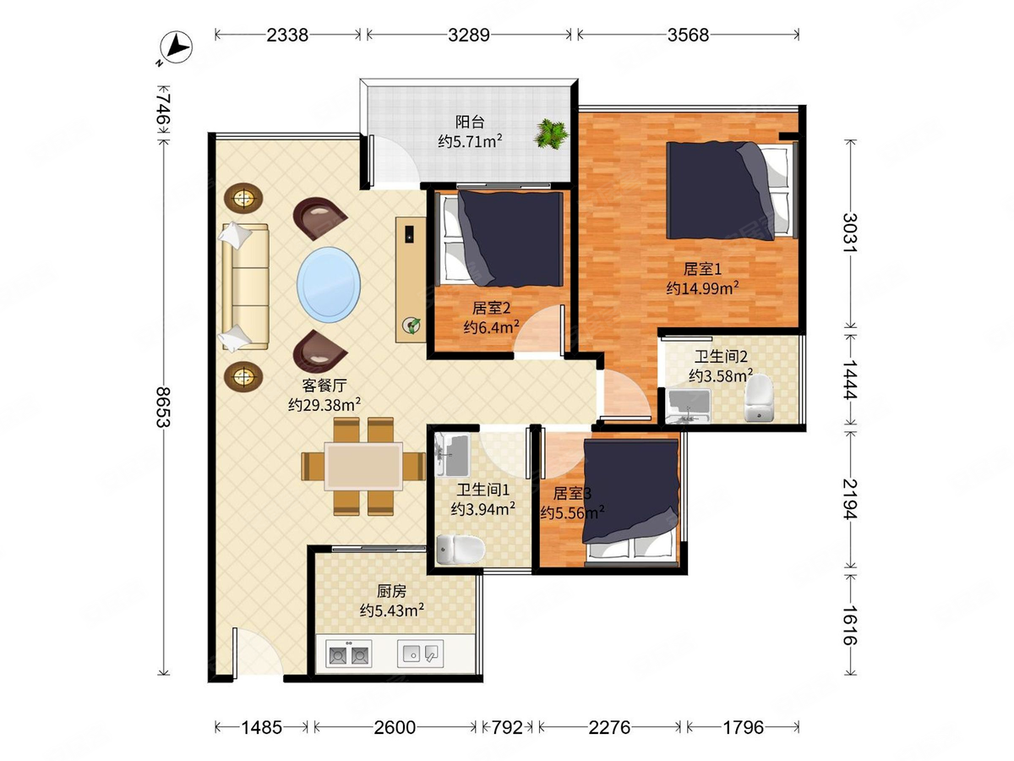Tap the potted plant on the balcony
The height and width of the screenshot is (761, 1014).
click(x=550, y=134)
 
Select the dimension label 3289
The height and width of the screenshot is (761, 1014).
click(x=468, y=36)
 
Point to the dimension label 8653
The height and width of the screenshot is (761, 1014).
click(x=163, y=407)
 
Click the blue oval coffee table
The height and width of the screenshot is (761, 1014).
click(x=329, y=285)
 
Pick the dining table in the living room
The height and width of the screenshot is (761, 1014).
click(x=363, y=466)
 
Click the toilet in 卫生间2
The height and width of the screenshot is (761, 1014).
click(x=759, y=398)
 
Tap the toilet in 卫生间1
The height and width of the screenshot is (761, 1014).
click(x=461, y=550)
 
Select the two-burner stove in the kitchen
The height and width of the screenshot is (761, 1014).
click(x=348, y=654)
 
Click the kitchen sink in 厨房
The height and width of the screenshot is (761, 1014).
click(x=420, y=654)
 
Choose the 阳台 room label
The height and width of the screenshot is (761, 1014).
click(x=470, y=122)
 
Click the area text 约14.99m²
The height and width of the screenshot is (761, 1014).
click(x=702, y=287)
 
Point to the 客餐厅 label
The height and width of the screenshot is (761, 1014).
click(x=324, y=385)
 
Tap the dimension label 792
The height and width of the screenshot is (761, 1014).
click(x=507, y=728)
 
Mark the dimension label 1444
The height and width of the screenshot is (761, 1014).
click(x=849, y=380)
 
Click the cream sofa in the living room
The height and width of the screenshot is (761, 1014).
click(x=245, y=287)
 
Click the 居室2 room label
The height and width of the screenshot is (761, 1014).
click(x=491, y=308)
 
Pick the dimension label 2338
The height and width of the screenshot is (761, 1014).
click(x=287, y=36)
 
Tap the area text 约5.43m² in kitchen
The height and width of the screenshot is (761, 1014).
click(x=392, y=610)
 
